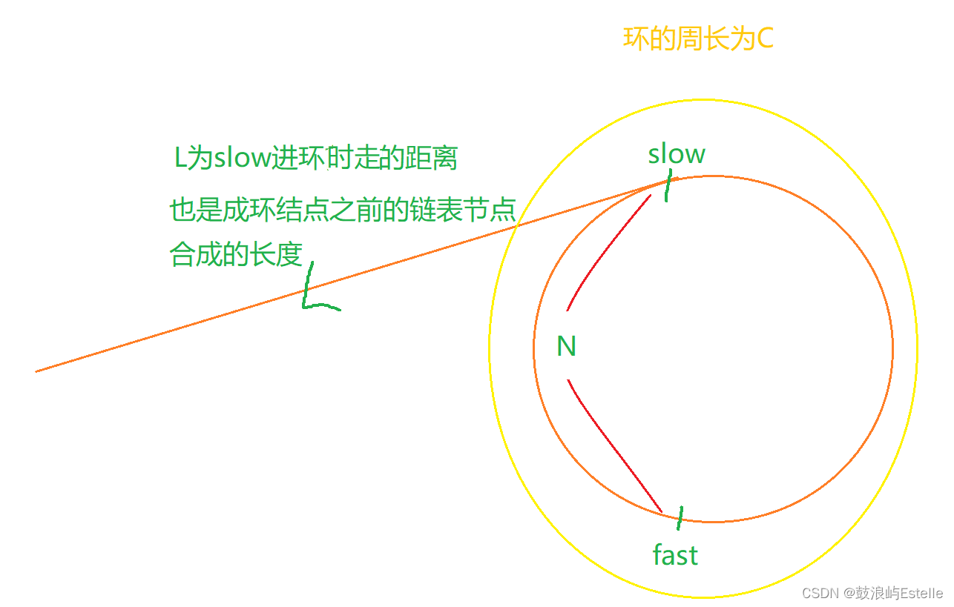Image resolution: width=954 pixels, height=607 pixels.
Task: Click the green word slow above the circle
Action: tap(676, 154)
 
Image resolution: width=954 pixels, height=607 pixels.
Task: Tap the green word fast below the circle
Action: tap(675, 554)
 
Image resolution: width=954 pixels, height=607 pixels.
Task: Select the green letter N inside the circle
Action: tap(566, 346)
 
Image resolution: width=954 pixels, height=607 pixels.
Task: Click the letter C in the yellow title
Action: tap(765, 39)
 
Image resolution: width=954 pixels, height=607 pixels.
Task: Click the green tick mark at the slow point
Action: tap(668, 185)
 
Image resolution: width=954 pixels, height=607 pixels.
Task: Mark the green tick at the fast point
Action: tap(680, 517)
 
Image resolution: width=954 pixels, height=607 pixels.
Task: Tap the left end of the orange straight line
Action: tap(37, 371)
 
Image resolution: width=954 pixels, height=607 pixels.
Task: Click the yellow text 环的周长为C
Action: tap(698, 39)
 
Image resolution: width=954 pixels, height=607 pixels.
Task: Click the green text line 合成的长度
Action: tap(236, 254)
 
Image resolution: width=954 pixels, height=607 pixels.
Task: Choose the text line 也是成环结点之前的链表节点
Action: tap(342, 210)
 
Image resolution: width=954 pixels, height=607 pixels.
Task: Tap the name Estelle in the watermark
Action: tap(921, 594)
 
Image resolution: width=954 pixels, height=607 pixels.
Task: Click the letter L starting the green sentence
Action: tap(180, 159)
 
